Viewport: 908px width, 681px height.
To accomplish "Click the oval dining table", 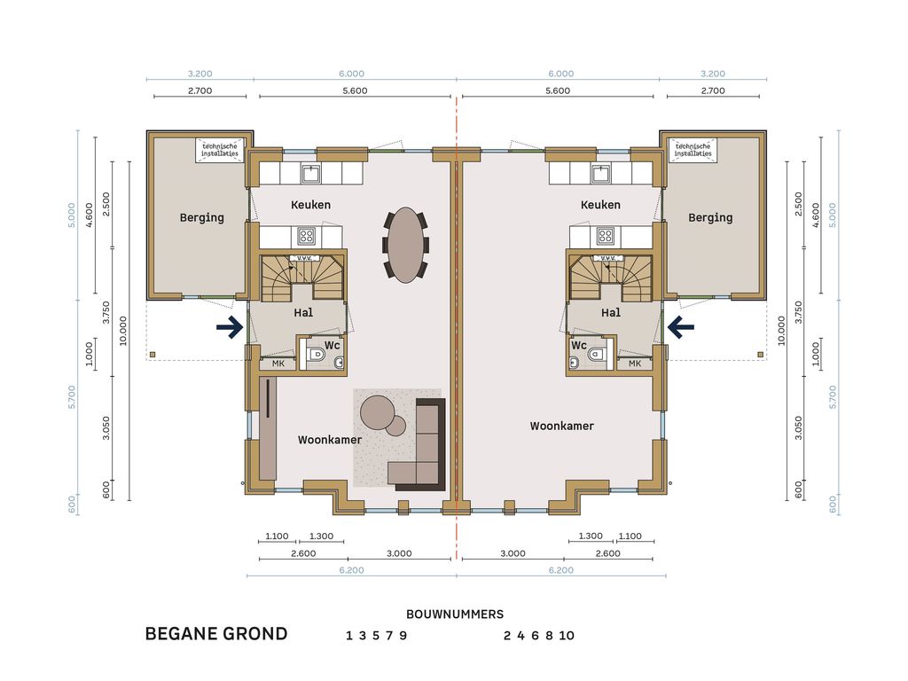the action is point(406,245).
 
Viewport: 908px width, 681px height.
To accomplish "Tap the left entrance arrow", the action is point(230,327).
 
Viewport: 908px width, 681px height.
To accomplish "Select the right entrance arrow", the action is point(681,327).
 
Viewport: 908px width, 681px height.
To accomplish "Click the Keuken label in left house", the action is point(311,205).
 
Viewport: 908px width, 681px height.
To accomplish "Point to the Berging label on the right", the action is point(710,218).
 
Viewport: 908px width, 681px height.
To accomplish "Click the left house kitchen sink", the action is point(311,173).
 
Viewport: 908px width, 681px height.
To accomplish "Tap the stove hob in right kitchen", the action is point(606,236).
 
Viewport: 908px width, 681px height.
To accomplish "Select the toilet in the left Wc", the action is point(317,354).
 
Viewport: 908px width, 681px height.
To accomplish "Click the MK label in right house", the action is point(635,364).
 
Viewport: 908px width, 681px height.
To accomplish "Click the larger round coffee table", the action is point(377,411).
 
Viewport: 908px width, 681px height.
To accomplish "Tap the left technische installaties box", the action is point(220,150).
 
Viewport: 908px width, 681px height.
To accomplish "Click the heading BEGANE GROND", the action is point(216,633).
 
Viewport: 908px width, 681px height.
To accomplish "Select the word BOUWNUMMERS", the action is point(455,614).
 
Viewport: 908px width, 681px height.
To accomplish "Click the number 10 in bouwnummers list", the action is point(567,636).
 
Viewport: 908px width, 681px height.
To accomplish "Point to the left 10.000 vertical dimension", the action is point(122,331).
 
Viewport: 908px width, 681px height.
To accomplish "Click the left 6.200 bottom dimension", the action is point(351,570).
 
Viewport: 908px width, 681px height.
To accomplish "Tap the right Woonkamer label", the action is point(561,427).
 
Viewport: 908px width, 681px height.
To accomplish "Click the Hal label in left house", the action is point(303,313).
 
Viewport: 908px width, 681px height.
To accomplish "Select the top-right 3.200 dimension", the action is point(713,74).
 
